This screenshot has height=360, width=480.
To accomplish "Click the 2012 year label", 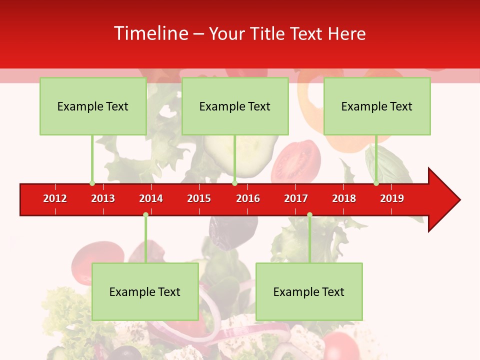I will [55, 198].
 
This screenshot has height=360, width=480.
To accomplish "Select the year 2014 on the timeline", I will [151, 198].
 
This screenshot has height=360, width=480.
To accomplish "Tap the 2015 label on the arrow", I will [199, 198].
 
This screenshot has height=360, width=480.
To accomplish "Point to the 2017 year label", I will [296, 198].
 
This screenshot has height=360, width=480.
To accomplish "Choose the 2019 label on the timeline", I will [392, 198].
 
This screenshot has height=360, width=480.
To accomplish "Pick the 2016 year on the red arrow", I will [248, 198].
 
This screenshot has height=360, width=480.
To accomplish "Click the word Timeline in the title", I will [150, 33].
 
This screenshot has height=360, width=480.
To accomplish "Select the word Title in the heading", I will [268, 33].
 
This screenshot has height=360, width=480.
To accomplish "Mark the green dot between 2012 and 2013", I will [92, 183].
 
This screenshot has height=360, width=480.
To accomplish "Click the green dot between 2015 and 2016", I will [234, 183].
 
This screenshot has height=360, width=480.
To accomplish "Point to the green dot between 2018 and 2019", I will [376, 183].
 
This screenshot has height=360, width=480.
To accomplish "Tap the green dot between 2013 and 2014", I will [145, 214].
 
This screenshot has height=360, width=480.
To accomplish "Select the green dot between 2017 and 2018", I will [309, 214].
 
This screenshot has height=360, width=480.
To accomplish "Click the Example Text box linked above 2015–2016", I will [235, 106].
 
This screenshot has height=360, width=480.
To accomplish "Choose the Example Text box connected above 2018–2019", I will [377, 106].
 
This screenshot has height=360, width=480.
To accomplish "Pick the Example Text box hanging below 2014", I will [145, 291].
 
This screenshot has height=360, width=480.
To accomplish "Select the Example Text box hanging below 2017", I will [309, 291].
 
